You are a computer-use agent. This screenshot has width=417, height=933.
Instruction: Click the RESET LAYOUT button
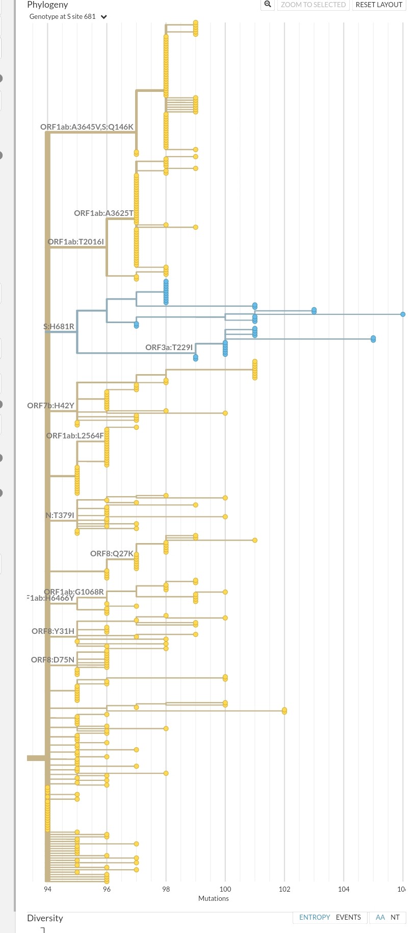pos(379,5)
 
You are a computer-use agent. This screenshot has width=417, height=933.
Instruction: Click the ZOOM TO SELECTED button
pos(313,5)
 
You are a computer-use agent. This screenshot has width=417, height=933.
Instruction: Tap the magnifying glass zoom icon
pos(268,5)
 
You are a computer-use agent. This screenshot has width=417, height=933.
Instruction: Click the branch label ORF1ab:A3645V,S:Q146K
pos(87,127)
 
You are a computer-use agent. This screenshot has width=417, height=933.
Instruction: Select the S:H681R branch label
pos(59,327)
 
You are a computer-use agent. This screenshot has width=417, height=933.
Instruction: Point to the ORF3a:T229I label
pos(169,348)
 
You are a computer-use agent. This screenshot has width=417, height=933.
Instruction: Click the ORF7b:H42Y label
pos(50,406)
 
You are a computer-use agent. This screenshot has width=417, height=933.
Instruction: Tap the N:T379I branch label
pos(60,515)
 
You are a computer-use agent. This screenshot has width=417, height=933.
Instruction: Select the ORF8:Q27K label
pos(112,554)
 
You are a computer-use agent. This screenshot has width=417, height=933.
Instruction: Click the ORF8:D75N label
pos(53,660)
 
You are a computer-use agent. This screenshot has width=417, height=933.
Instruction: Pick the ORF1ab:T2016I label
pos(75,242)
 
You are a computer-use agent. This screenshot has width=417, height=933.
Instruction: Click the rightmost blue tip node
pos(403,314)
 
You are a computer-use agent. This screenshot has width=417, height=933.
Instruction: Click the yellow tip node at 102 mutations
pos(284,711)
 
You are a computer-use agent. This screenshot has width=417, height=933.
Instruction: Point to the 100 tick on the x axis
pos(225,889)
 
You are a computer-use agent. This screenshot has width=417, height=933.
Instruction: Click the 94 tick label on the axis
pos(47,889)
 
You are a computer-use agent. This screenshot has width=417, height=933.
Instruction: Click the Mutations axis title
pos(213,898)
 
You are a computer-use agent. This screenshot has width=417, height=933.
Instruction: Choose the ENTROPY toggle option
pos(315,917)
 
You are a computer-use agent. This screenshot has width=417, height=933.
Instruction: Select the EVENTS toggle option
pos(348,917)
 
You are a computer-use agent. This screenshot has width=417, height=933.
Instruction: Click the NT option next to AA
pos(395,917)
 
